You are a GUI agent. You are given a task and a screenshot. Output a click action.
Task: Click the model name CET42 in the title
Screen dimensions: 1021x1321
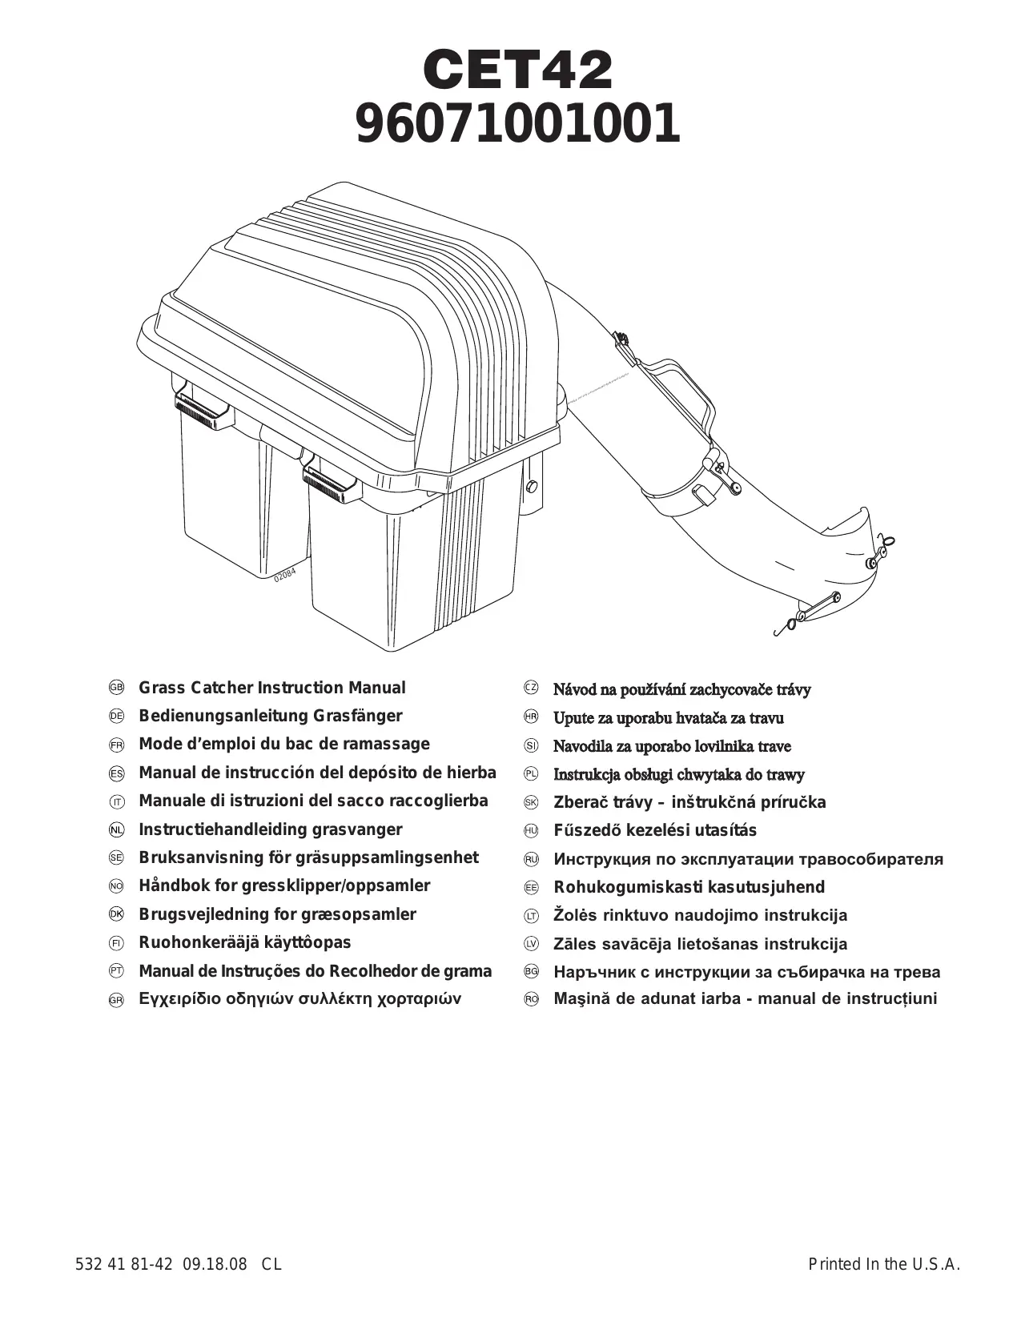click(517, 70)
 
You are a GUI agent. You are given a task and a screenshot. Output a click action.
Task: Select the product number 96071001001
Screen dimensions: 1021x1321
click(517, 125)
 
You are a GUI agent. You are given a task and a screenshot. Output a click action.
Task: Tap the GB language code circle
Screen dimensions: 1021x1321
click(116, 689)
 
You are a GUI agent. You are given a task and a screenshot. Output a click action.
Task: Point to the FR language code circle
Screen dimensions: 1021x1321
click(116, 745)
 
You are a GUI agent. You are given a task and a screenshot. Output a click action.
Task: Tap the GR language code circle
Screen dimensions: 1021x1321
click(116, 1000)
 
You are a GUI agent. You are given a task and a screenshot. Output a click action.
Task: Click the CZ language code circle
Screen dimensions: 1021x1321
click(531, 689)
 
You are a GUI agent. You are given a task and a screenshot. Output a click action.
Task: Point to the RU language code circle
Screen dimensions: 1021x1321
click(531, 859)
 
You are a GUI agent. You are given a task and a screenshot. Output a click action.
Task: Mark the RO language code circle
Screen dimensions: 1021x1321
click(531, 999)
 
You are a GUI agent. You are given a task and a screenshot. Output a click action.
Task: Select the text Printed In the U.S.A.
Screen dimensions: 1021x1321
click(883, 1265)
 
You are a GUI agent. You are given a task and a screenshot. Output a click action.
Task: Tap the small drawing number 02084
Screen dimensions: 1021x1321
click(284, 576)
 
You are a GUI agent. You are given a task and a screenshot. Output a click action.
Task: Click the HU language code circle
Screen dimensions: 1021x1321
click(531, 831)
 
